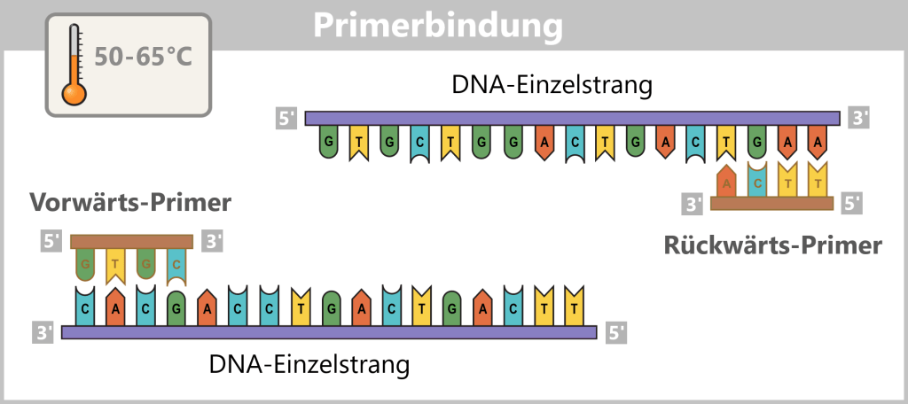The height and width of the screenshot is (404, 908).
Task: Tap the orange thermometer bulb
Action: tap(72, 91)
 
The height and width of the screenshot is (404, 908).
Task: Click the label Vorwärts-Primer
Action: tap(130, 203)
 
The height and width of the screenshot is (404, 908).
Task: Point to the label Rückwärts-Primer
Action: tap(773, 245)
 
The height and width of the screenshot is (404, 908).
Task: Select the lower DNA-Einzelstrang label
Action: tap(309, 363)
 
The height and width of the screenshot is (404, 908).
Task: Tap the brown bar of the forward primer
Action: tap(131, 241)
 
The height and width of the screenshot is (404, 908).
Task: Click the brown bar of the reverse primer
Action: tap(772, 204)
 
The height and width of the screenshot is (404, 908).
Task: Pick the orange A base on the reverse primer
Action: tap(727, 182)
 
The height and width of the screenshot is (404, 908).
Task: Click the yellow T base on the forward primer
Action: tap(115, 263)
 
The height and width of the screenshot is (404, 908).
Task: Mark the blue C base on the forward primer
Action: tap(177, 263)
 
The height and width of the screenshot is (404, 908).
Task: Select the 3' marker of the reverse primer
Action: tap(693, 204)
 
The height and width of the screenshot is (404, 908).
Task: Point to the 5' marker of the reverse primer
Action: tap(852, 204)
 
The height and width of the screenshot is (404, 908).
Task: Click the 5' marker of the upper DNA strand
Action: tap(286, 119)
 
